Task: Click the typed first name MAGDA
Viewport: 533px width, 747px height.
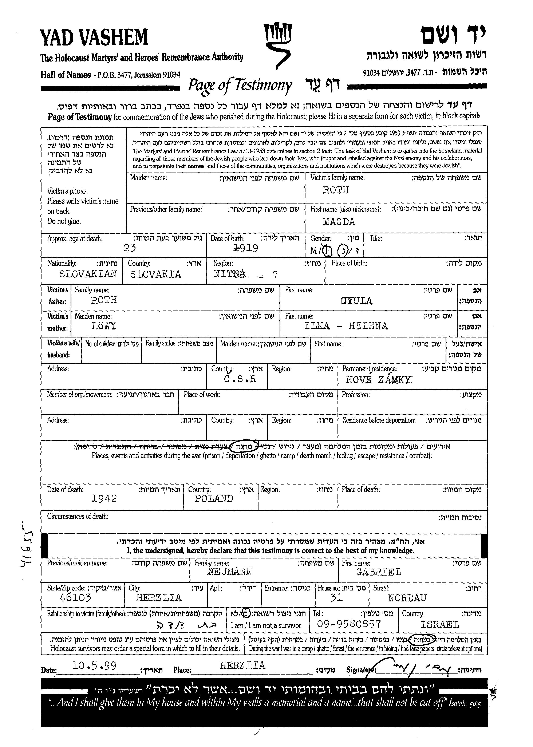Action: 339,222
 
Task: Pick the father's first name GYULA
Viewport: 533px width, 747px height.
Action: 356,301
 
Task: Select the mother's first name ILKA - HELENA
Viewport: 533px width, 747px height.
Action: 346,326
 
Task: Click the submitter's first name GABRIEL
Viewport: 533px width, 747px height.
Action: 379,572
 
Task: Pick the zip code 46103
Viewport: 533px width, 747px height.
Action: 75,597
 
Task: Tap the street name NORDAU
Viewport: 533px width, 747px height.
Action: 407,598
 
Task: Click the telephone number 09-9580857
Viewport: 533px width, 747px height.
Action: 349,624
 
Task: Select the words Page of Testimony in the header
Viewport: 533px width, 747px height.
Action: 240,85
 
